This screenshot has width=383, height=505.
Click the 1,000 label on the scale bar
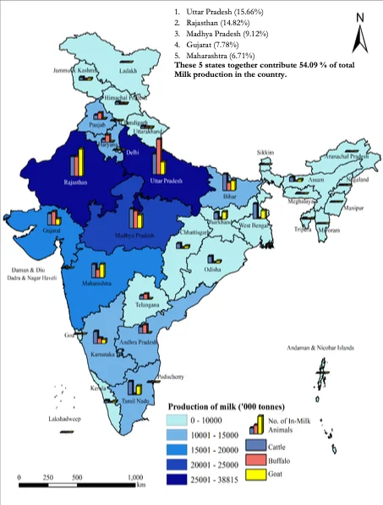135,478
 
